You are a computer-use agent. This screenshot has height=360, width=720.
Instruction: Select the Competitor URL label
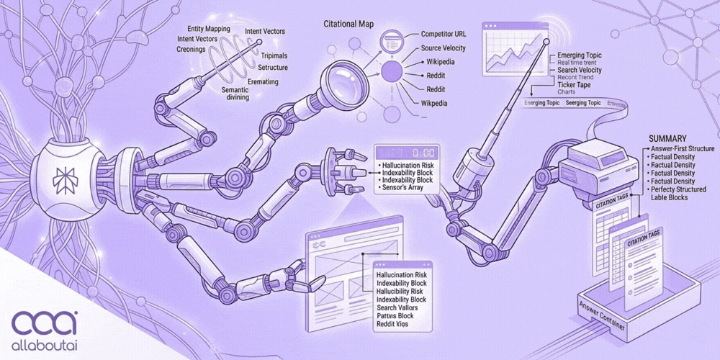(x=445, y=34)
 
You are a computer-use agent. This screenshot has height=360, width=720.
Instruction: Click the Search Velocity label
(x=580, y=70)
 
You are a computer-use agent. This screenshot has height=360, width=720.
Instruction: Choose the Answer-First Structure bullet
(x=681, y=149)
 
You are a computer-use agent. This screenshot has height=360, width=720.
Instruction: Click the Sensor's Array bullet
(x=407, y=187)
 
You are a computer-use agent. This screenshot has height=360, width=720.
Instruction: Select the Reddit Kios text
(x=395, y=325)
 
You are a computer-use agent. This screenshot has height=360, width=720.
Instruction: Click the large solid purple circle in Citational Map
(x=392, y=71)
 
